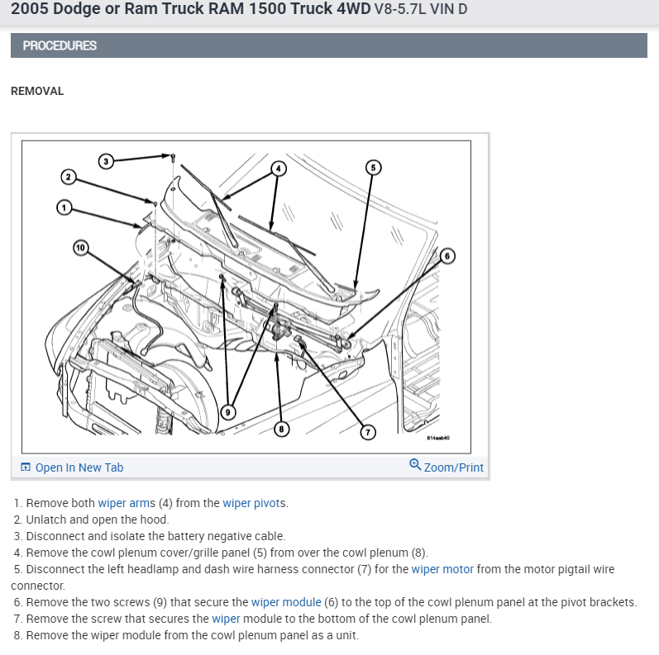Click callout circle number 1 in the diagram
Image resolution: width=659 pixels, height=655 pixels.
tap(64, 206)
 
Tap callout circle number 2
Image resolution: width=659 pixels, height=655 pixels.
tap(69, 177)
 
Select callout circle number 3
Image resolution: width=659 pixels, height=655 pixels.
tap(105, 160)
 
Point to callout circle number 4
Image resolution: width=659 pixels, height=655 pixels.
tap(279, 168)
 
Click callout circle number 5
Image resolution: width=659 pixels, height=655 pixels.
tap(372, 168)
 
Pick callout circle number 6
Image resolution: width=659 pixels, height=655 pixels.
tap(447, 256)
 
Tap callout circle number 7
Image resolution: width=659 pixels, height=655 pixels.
tap(369, 431)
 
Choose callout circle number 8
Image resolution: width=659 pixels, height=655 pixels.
tap(283, 429)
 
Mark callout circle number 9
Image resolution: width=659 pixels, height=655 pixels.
tap(229, 411)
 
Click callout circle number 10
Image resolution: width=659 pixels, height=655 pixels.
tap(79, 247)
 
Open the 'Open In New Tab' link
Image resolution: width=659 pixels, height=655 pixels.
tap(79, 468)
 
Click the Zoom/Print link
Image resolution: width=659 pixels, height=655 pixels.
tap(453, 468)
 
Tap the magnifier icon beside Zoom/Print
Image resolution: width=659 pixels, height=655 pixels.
tap(415, 465)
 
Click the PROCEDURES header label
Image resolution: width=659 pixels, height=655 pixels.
tap(60, 45)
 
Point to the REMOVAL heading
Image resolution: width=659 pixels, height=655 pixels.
tap(37, 91)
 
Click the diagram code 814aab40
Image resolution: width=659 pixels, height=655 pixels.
tap(438, 439)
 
